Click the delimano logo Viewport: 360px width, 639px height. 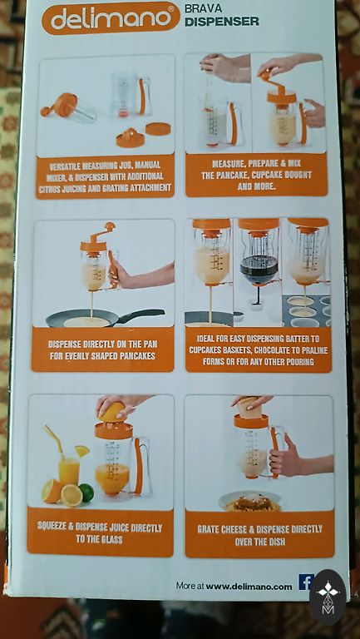[111, 18]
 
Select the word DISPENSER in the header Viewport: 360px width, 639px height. [221, 22]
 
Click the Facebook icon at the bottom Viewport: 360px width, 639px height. [306, 582]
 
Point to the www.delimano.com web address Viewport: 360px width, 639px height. [249, 587]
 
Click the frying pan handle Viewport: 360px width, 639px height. [141, 315]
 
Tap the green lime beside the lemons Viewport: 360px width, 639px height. [86, 493]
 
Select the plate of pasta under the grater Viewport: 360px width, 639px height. [250, 501]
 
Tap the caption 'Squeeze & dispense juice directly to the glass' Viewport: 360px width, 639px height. [100, 534]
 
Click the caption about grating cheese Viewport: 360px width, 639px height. [259, 535]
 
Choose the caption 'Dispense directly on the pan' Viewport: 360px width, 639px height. [101, 350]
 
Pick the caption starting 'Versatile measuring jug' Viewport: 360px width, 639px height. [105, 177]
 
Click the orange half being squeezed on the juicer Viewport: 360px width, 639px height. [112, 412]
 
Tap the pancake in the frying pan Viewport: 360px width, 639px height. [86, 322]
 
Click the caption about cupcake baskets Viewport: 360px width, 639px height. [259, 350]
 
